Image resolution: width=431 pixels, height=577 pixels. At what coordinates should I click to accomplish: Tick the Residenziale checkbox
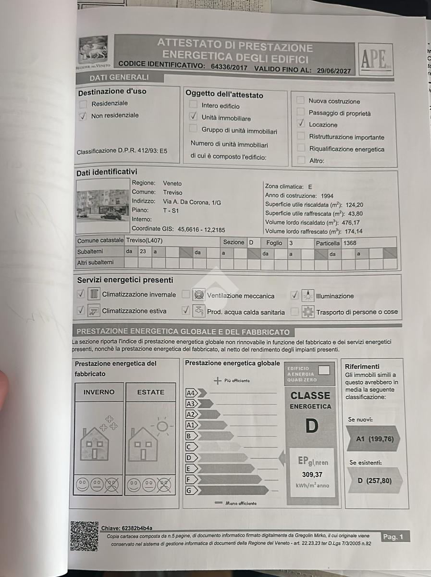[x=83, y=103]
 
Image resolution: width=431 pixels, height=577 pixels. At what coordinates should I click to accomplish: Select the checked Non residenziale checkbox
[x=83, y=116]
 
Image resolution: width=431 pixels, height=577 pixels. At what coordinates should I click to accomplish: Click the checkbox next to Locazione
[x=301, y=124]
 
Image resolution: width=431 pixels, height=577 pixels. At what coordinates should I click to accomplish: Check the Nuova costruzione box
[x=300, y=100]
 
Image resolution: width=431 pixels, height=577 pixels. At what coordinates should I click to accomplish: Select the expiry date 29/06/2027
[x=334, y=71]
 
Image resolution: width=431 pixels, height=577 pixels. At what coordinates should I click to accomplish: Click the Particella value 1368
[x=350, y=243]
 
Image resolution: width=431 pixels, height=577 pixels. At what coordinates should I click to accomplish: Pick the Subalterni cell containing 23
[x=143, y=251]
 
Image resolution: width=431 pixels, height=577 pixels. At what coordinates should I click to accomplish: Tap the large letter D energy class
[x=311, y=426]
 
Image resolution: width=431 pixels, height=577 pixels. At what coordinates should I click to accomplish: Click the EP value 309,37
[x=312, y=475]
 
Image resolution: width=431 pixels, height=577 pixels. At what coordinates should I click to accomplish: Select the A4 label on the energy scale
[x=191, y=393]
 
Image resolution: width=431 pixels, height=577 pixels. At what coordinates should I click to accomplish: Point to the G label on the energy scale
[x=189, y=490]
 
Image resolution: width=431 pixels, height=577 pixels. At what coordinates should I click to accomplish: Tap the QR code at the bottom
[x=84, y=536]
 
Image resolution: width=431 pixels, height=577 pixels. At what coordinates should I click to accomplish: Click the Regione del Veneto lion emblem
[x=94, y=50]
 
